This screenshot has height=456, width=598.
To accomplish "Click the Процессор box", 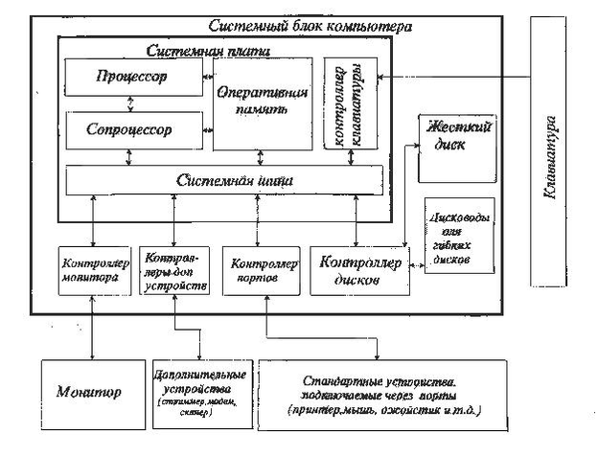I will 133,77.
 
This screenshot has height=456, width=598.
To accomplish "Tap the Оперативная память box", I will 262,103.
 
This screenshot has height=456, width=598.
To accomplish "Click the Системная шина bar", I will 223,180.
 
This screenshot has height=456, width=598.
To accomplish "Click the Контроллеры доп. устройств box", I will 173,270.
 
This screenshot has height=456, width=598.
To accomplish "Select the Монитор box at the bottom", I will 88,393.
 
